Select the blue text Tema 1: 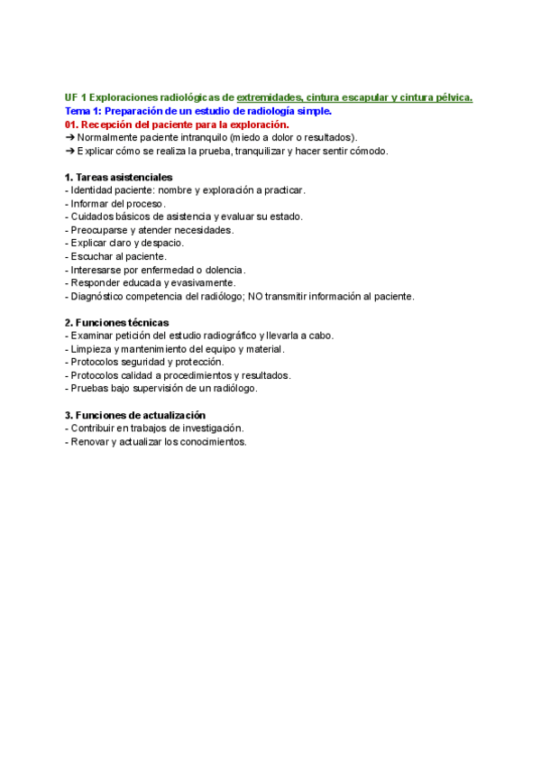(x=84, y=112)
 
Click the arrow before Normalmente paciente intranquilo (x=70, y=137)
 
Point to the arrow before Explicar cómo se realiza (x=70, y=151)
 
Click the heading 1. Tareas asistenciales (x=119, y=177)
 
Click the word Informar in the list (x=90, y=204)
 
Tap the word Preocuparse (x=98, y=230)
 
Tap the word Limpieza (x=92, y=349)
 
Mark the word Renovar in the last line (x=91, y=442)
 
